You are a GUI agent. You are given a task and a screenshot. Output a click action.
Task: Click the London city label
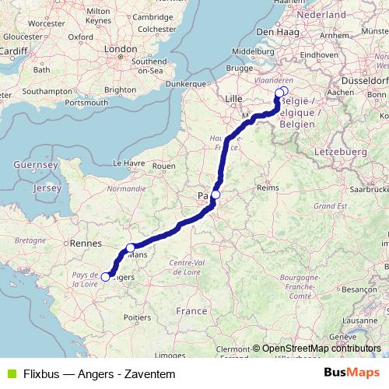(121, 48)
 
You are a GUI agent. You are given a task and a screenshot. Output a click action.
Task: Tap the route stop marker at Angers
(106, 276)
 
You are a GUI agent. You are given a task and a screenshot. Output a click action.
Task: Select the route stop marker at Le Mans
(131, 248)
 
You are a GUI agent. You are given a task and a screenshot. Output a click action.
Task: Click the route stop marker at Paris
(216, 194)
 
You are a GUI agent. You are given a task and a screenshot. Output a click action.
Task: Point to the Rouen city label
(164, 166)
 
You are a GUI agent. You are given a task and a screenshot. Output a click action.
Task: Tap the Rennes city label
(82, 243)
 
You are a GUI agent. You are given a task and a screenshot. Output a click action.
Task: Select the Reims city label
(268, 187)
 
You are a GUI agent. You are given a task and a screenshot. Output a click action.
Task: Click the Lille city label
(233, 99)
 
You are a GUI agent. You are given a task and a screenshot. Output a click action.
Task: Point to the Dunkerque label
(184, 83)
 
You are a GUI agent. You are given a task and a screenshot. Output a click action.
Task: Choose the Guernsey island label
(31, 165)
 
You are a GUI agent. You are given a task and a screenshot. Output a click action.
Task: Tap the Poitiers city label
(137, 317)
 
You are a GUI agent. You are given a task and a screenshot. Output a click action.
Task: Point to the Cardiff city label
(14, 51)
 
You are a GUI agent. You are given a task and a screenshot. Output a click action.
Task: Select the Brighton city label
(120, 89)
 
